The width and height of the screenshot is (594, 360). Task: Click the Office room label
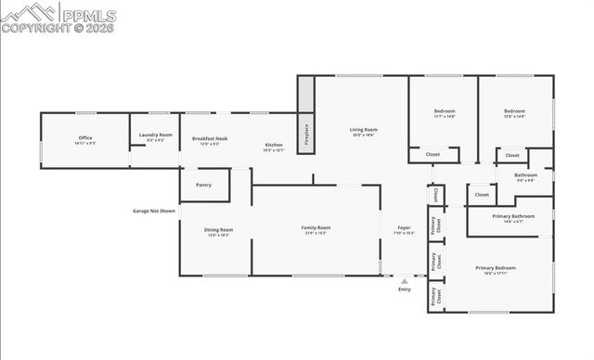[x=85, y=138]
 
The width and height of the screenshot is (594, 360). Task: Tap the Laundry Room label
[x=156, y=135]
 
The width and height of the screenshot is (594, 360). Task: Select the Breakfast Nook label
[x=210, y=138]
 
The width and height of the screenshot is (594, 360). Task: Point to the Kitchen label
[x=274, y=145]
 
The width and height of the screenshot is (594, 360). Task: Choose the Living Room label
[x=363, y=129]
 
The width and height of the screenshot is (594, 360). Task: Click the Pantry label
[x=203, y=185]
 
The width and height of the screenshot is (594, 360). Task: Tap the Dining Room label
[x=219, y=229]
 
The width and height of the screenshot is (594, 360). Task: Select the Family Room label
[x=316, y=227]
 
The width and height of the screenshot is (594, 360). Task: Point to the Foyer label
[x=404, y=227]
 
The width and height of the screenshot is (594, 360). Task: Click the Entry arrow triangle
[x=404, y=281]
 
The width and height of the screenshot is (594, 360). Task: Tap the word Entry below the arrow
[x=404, y=290]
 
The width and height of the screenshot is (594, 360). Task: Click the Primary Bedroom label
[x=495, y=268]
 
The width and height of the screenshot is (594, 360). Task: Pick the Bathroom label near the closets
[x=526, y=174]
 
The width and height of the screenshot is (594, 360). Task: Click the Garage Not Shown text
[x=153, y=211]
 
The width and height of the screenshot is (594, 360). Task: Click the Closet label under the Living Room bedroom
[x=433, y=154]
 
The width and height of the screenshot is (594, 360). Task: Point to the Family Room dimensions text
[x=316, y=234]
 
